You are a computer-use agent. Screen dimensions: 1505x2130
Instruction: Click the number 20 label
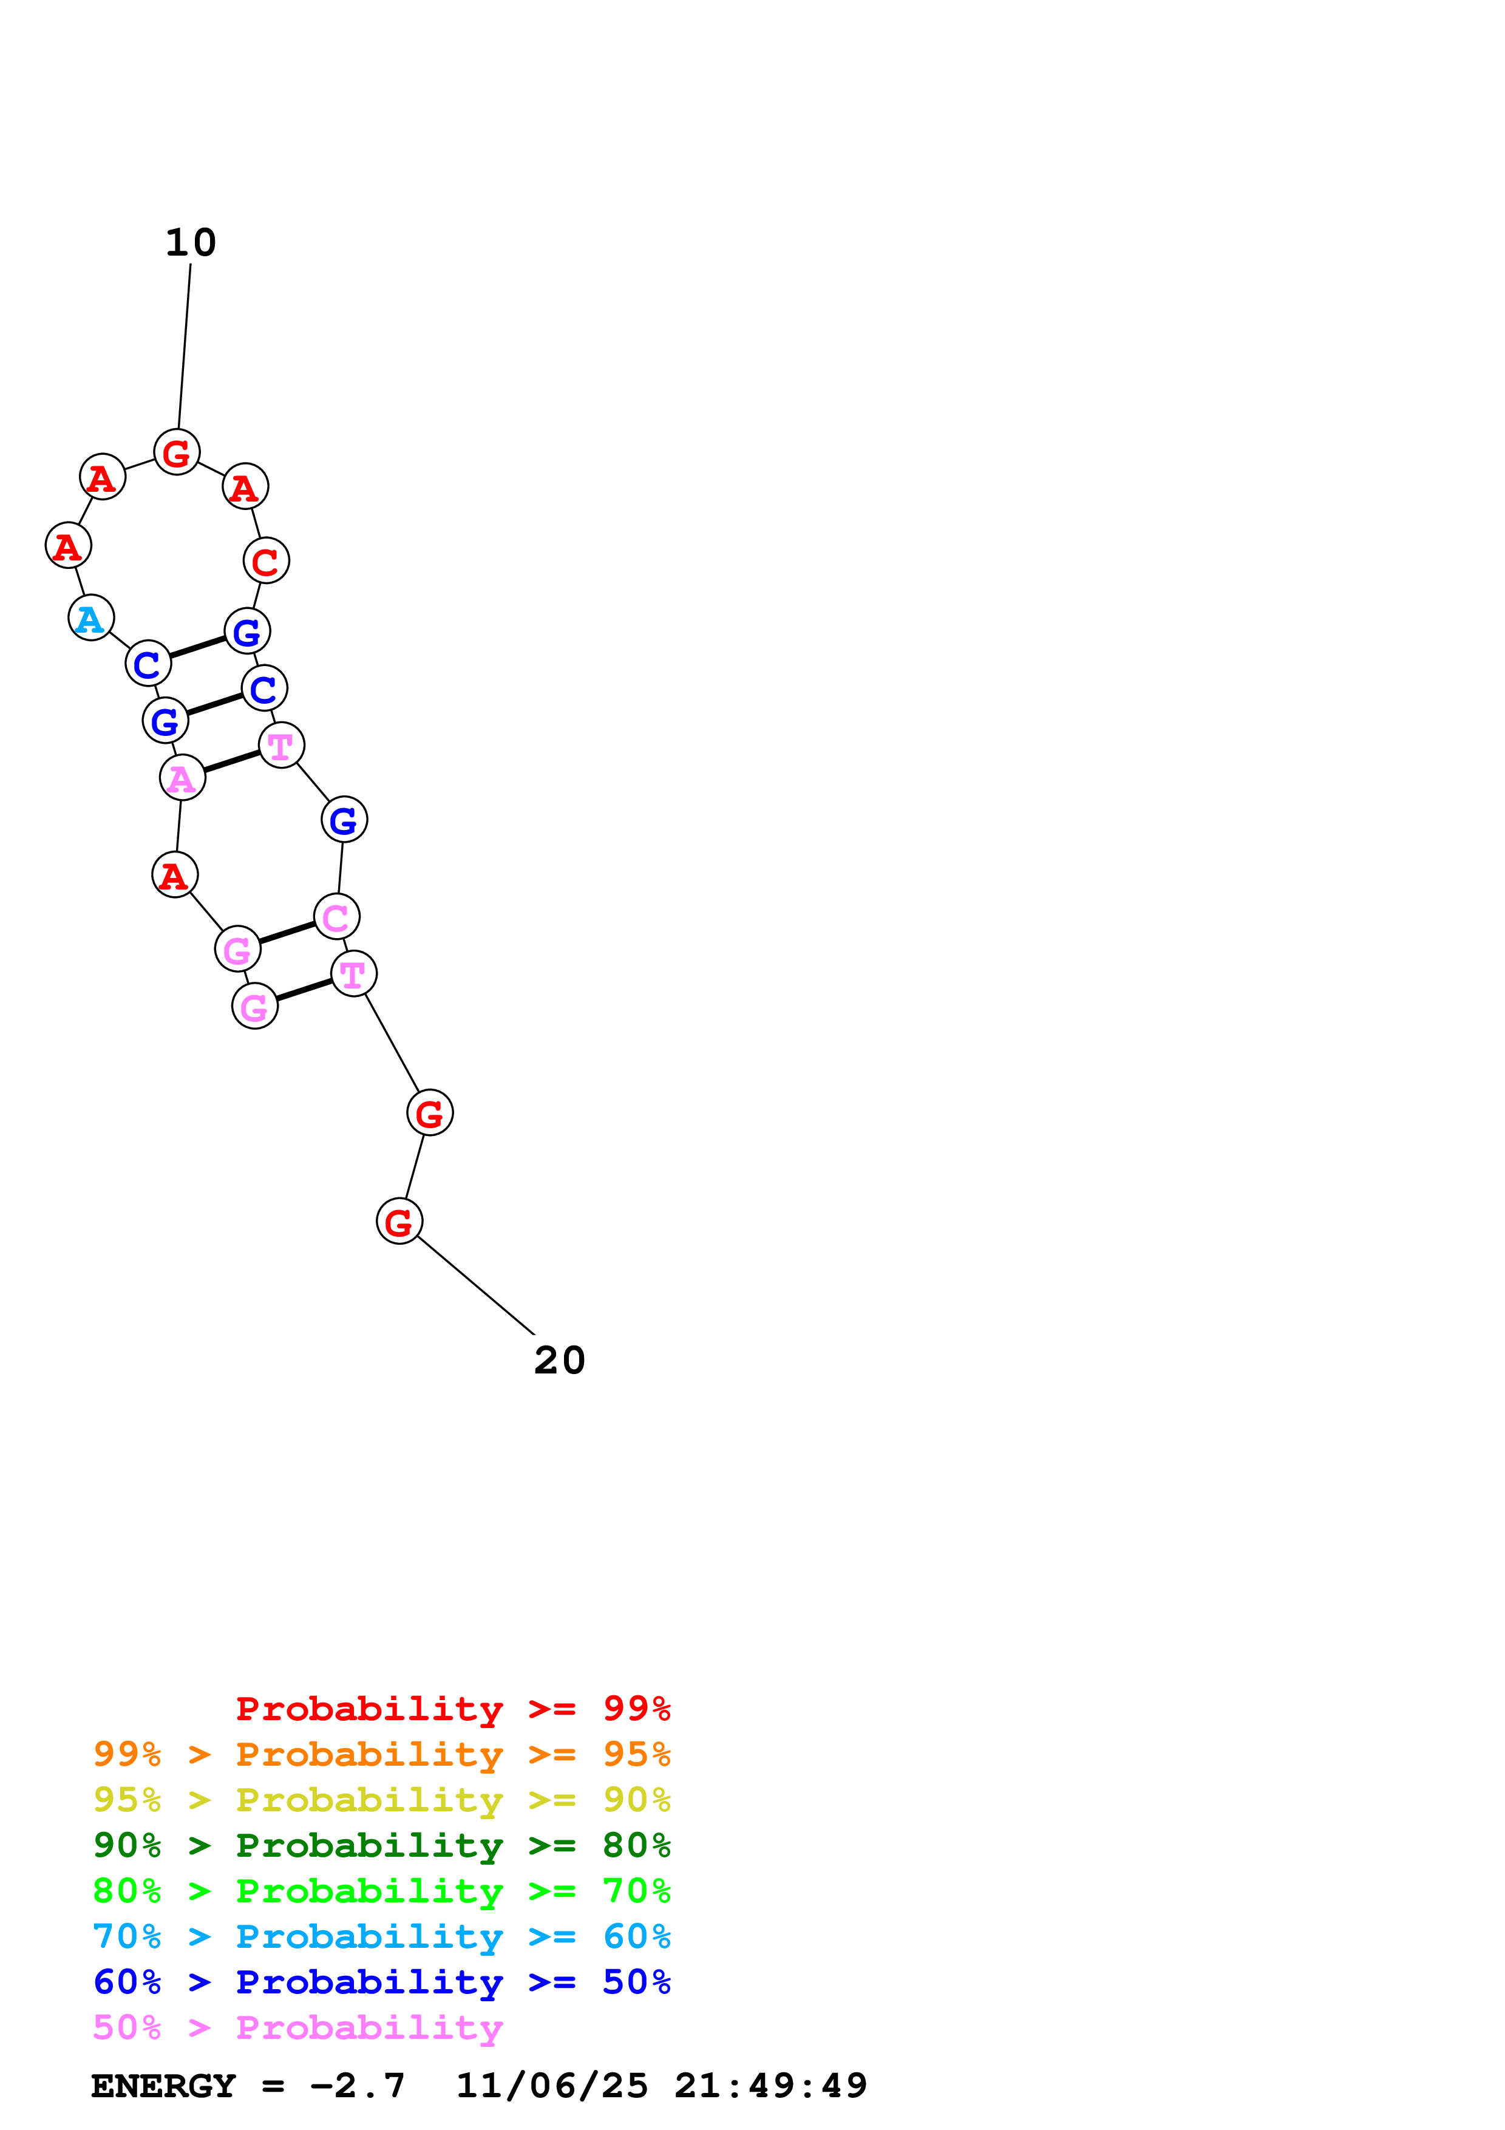[x=559, y=1361]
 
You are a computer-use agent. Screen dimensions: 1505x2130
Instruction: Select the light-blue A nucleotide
[x=91, y=618]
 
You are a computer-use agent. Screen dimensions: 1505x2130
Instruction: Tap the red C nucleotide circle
[x=266, y=560]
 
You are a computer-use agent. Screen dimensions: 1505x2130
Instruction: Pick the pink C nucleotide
[x=336, y=917]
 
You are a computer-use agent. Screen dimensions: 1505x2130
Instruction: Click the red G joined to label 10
[x=176, y=453]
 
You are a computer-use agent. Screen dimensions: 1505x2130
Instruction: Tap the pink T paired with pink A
[x=281, y=745]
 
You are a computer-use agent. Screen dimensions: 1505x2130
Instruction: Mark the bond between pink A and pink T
[x=232, y=761]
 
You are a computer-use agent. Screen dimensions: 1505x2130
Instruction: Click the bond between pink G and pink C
[x=287, y=933]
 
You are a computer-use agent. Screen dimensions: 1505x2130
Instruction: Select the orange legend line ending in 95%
[x=381, y=1754]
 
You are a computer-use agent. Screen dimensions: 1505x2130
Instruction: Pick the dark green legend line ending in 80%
[x=381, y=1845]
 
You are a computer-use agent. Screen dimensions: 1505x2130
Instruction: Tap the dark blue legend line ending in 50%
[x=381, y=1982]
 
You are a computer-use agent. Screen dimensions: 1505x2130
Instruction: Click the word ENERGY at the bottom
[x=163, y=2086]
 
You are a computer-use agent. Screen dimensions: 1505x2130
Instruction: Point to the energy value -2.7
[x=358, y=2086]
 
